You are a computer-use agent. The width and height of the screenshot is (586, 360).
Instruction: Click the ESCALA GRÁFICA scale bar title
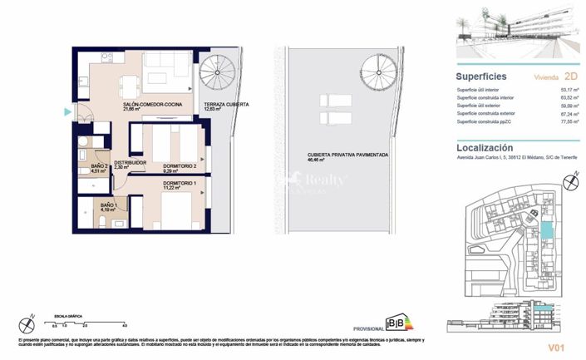[69, 317]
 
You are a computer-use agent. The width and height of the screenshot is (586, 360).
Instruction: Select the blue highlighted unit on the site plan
[545, 229]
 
